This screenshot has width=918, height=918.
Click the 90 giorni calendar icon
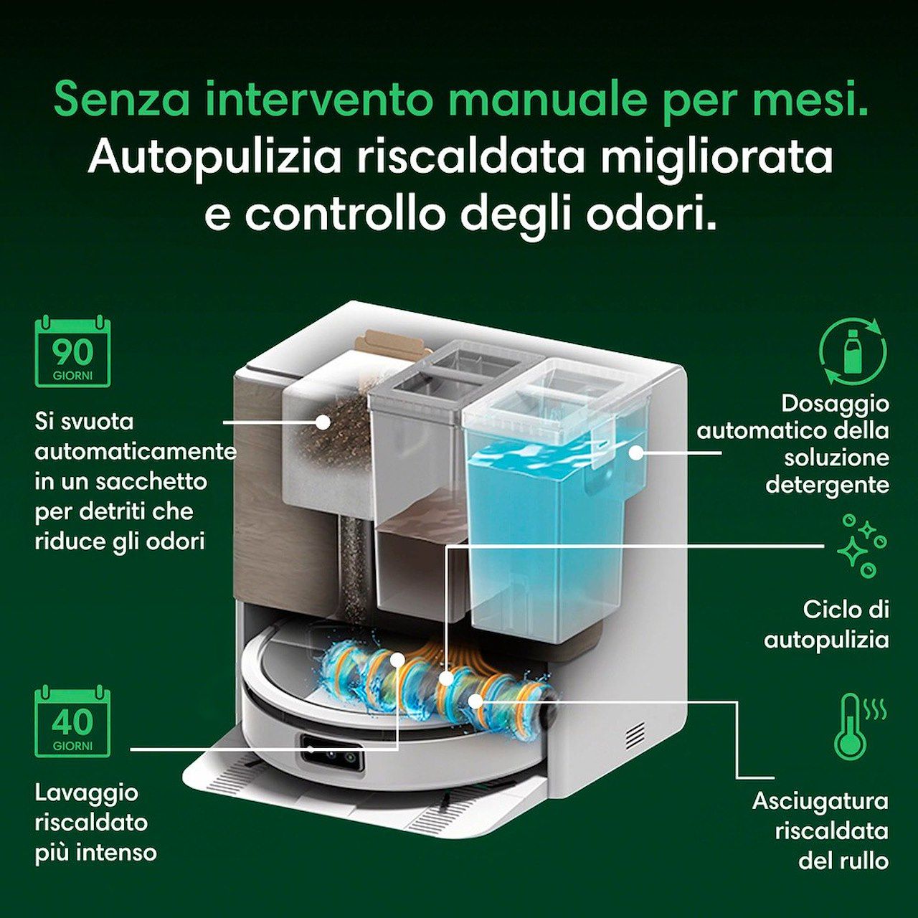(x=72, y=351)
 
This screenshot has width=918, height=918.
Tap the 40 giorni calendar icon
(x=72, y=721)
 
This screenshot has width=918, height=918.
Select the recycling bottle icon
(x=853, y=351)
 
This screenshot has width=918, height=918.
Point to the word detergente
(x=828, y=485)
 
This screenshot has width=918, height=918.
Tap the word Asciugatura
(x=820, y=801)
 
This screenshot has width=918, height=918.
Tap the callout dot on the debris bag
(x=323, y=421)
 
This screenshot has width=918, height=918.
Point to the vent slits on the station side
(x=637, y=736)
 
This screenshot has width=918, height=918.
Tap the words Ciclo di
(x=845, y=610)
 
